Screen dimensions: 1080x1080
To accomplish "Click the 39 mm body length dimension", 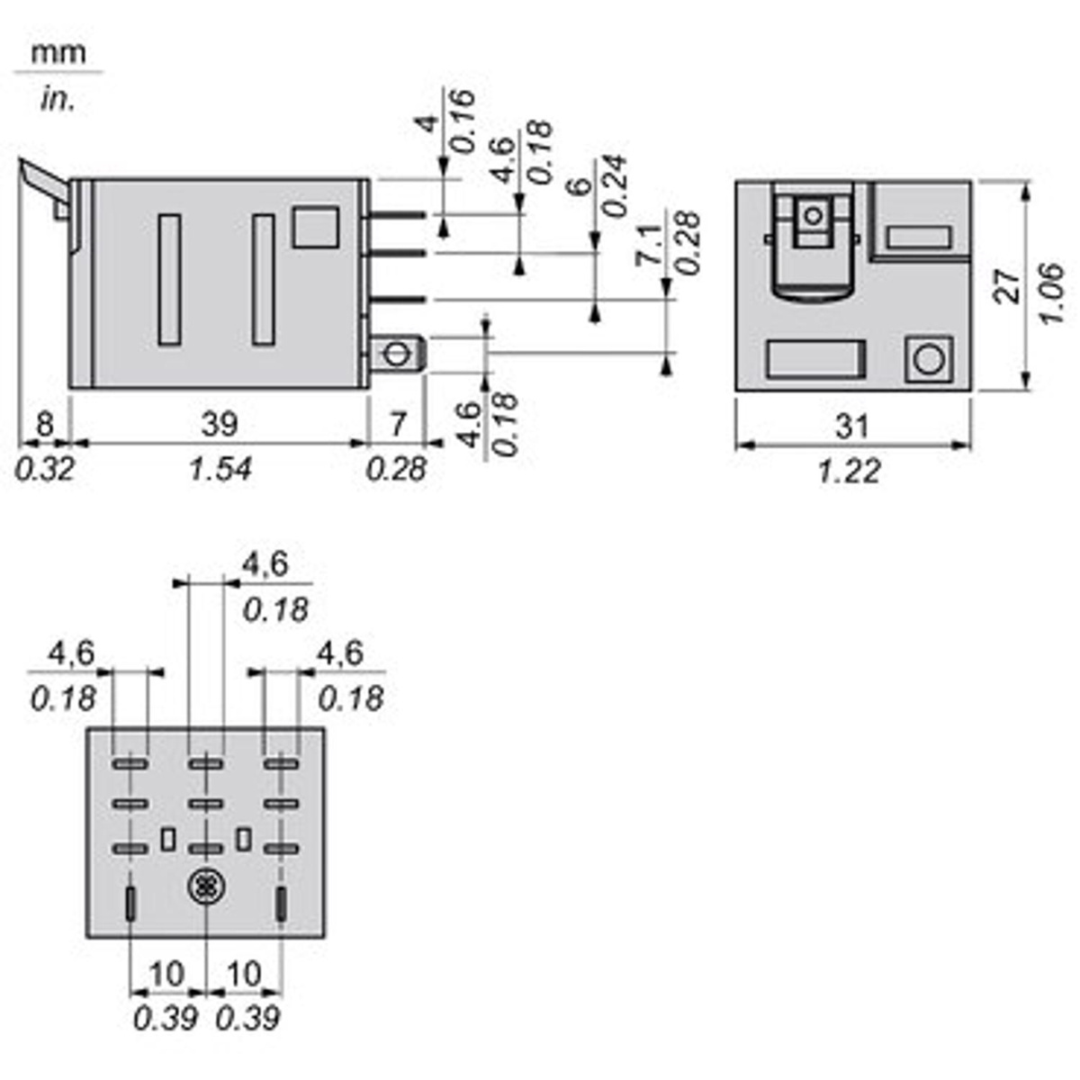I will pos(219,423).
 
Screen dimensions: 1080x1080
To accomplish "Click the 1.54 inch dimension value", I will pos(220,469).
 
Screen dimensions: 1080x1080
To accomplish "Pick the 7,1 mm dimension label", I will pos(650,245).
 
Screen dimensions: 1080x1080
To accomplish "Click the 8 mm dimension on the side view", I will pos(43,423).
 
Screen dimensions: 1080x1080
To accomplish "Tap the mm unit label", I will pos(58,53).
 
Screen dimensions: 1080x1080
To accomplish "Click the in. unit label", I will pos(58,99).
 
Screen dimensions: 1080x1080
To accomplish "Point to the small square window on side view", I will pos(315,227).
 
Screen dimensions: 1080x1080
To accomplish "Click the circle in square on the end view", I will pos(928,359).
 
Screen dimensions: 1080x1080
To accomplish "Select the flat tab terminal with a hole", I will pos(397,352).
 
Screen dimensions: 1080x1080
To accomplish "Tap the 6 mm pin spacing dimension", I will pos(581,186).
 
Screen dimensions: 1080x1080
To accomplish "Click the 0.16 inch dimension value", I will pos(461,121).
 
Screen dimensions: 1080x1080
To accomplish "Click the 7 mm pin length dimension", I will pos(398,423).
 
